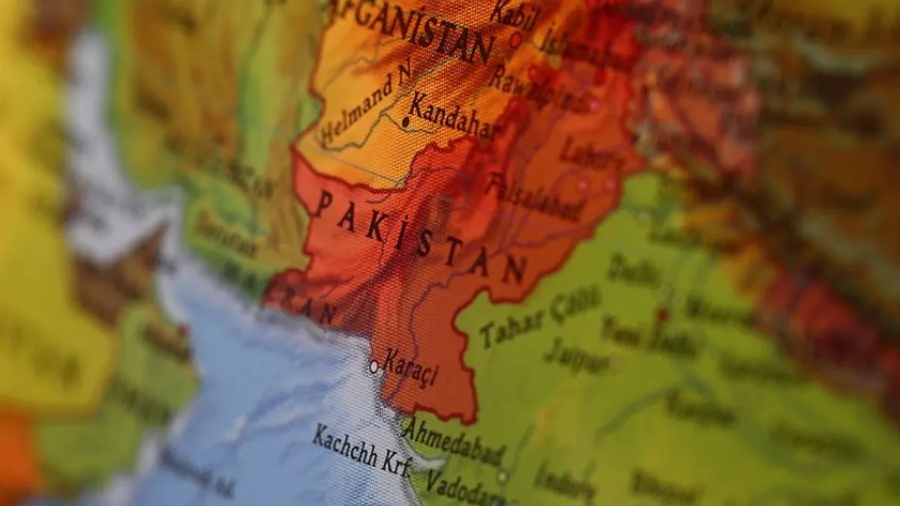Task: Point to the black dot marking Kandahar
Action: click(x=406, y=121)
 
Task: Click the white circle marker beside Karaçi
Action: click(x=373, y=367)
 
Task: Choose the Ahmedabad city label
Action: click(x=453, y=442)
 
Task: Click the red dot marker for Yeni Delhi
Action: click(x=661, y=315)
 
